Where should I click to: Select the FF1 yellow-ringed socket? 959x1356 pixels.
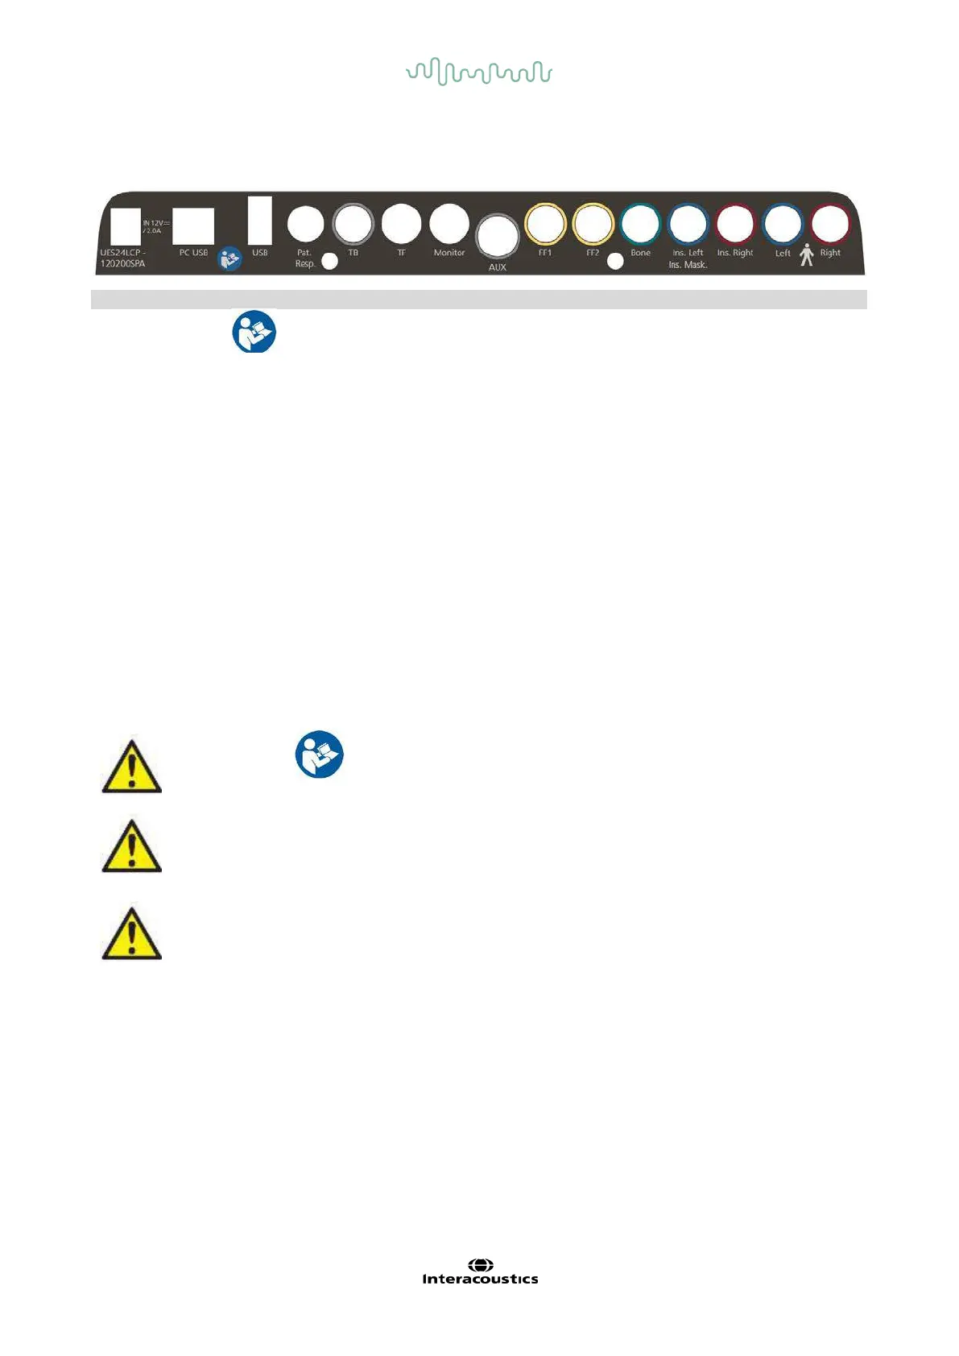click(545, 224)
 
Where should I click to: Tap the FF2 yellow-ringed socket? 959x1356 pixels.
click(593, 224)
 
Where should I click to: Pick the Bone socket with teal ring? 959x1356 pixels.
click(640, 224)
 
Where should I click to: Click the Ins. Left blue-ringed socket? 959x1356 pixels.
click(688, 224)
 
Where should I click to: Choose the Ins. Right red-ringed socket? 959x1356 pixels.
click(735, 224)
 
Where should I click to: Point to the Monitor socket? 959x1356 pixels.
click(449, 224)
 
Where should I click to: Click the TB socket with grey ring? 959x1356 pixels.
click(353, 224)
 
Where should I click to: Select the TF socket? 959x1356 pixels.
click(401, 224)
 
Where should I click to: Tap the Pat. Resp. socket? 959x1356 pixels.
click(305, 224)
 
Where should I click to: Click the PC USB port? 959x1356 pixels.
click(193, 225)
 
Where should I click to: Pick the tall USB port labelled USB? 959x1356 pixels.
click(260, 220)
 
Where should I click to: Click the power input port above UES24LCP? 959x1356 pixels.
click(126, 225)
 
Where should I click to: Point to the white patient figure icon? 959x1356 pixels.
click(807, 256)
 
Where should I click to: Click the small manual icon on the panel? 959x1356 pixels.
click(230, 258)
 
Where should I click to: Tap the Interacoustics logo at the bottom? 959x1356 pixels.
click(480, 1272)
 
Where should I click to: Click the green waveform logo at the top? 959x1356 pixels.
click(479, 72)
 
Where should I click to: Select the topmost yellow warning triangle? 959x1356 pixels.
click(132, 766)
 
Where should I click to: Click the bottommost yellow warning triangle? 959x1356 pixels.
click(132, 934)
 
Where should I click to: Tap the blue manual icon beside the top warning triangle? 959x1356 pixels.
click(320, 754)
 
